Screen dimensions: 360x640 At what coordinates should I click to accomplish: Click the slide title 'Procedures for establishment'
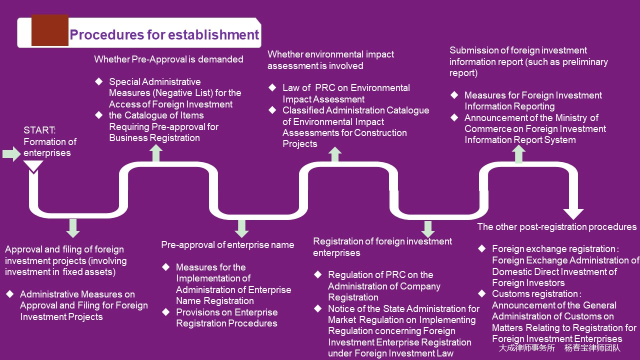(164, 35)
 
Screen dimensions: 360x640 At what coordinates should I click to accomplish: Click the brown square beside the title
(49, 30)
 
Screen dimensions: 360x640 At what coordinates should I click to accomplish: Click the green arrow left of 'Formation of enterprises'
(11, 153)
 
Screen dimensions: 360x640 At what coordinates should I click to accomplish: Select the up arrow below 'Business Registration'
(156, 153)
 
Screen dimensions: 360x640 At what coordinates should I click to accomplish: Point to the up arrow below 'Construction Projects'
(335, 154)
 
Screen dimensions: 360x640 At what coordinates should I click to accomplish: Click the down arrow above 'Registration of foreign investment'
(427, 229)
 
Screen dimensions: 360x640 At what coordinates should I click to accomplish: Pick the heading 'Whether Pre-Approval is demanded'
(168, 59)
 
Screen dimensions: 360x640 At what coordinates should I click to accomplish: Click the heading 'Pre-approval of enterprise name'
(227, 245)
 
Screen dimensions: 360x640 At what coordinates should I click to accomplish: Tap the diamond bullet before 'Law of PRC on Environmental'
(272, 87)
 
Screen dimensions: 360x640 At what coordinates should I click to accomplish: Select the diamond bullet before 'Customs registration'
(482, 293)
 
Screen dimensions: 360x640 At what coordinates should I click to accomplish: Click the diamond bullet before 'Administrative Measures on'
(10, 294)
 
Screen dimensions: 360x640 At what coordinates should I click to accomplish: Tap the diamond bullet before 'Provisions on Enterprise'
(166, 312)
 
